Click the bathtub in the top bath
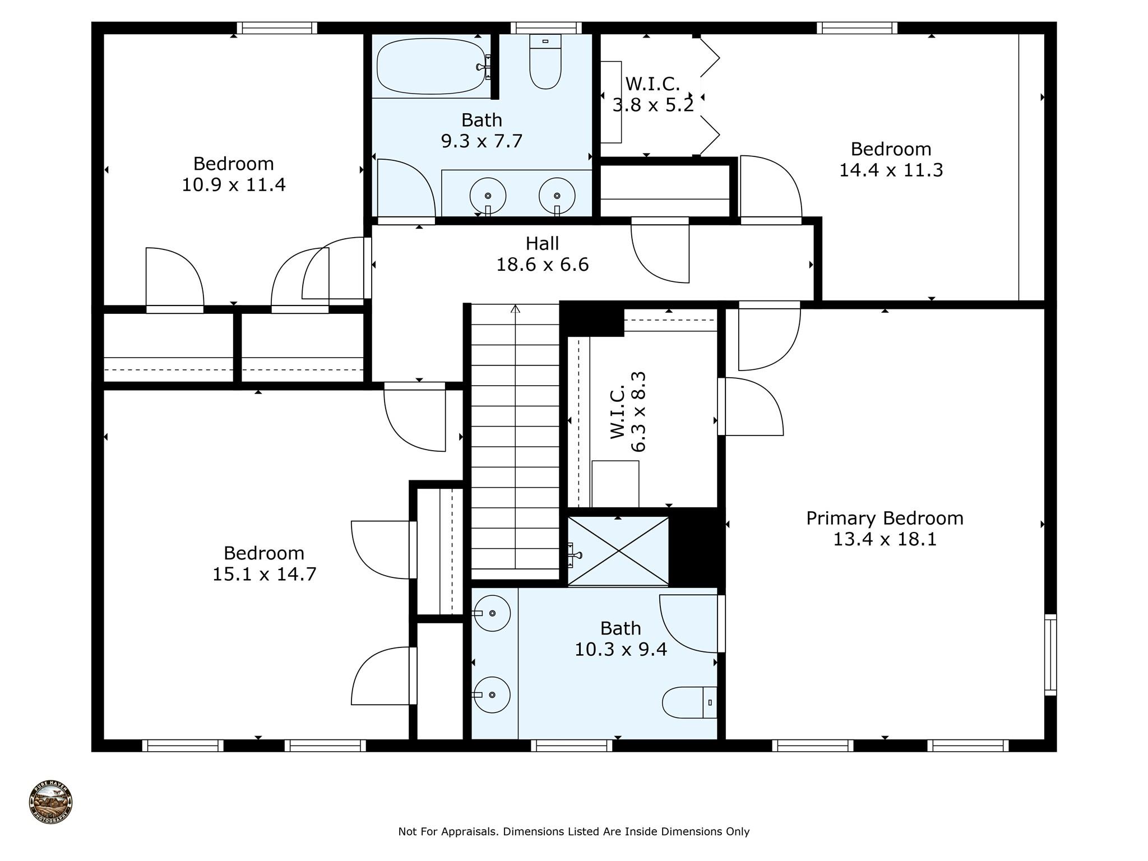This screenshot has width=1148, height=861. [x=430, y=67]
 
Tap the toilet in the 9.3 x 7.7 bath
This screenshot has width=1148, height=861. [x=545, y=62]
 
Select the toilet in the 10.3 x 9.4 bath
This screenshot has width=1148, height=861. [x=689, y=702]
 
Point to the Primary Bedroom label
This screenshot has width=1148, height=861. [x=885, y=518]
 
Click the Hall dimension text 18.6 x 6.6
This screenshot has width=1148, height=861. [x=542, y=264]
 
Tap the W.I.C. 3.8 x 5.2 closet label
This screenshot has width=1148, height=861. [x=653, y=94]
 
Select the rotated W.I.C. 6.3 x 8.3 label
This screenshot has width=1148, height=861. [x=628, y=412]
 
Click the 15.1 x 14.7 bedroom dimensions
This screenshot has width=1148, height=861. [x=264, y=574]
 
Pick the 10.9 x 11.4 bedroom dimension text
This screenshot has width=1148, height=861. [x=233, y=184]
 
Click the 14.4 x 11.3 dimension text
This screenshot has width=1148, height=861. [x=891, y=170]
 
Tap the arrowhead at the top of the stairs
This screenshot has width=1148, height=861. [x=516, y=309]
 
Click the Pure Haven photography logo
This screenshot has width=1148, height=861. [x=50, y=802]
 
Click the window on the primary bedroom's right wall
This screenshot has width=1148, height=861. [x=1050, y=655]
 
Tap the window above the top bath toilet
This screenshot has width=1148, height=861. [x=546, y=28]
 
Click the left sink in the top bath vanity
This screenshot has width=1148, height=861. [x=488, y=196]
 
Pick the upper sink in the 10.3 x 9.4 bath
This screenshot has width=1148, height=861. [x=492, y=613]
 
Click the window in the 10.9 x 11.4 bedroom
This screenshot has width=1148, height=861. [x=277, y=28]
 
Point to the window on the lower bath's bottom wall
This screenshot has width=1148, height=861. [x=572, y=746]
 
